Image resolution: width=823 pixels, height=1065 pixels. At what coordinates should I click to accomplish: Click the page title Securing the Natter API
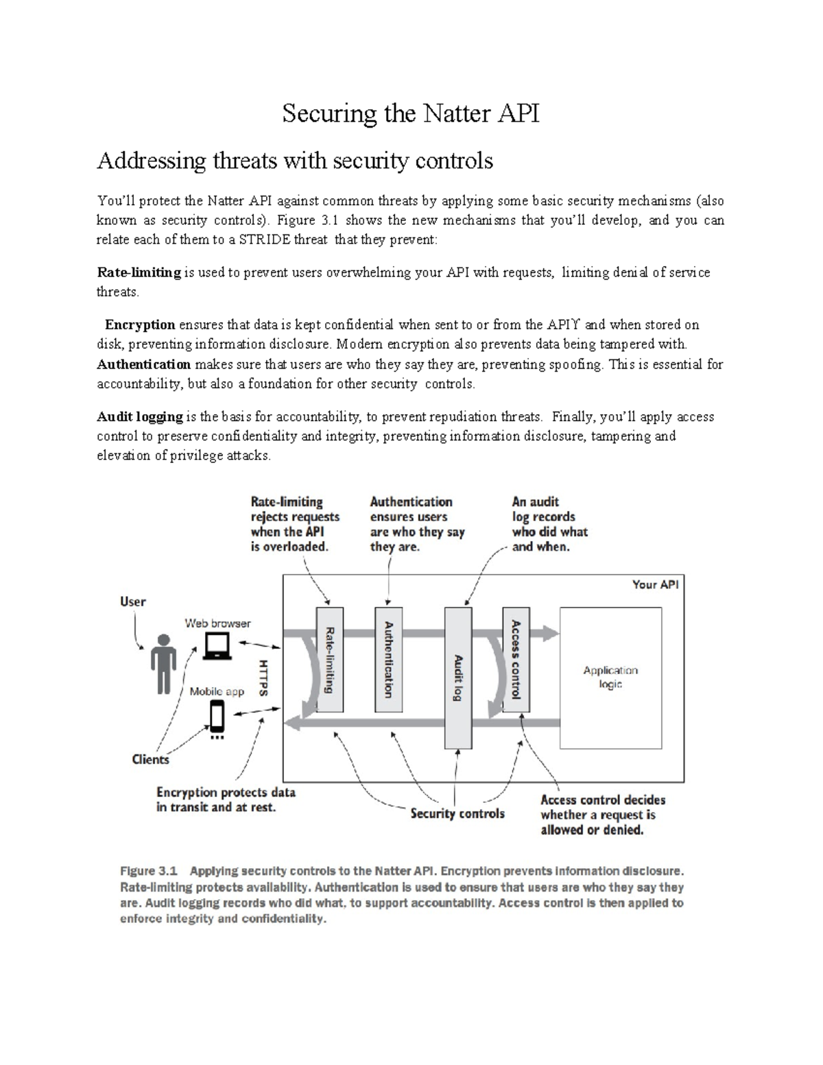click(x=411, y=113)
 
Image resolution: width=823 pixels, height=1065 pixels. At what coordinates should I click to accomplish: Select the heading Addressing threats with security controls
click(x=295, y=160)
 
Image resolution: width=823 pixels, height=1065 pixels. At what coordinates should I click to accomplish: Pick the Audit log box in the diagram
click(x=458, y=678)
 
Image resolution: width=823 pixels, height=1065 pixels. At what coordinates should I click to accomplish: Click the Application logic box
click(x=610, y=678)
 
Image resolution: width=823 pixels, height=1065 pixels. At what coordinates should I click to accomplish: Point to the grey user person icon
click(x=163, y=663)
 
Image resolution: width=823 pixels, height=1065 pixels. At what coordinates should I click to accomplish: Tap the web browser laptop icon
click(x=217, y=646)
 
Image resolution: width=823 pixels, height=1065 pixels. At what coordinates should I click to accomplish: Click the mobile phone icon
click(x=217, y=718)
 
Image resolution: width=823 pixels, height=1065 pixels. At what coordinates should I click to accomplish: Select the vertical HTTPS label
click(x=263, y=678)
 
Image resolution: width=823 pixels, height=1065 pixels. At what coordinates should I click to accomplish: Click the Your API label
click(x=655, y=585)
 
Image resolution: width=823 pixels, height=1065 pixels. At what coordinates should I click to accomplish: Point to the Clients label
click(x=150, y=759)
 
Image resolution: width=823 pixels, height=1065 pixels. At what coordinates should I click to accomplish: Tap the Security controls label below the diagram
click(x=457, y=814)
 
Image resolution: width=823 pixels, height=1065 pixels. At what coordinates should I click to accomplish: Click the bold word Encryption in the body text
click(x=140, y=324)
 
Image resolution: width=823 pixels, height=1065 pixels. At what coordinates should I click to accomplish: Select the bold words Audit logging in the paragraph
click(x=140, y=417)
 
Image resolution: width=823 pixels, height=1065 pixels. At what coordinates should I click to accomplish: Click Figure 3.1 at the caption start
click(x=149, y=871)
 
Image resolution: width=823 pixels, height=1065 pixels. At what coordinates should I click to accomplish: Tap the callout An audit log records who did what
click(x=549, y=524)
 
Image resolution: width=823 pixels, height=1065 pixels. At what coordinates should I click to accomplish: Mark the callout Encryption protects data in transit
click(x=226, y=800)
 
